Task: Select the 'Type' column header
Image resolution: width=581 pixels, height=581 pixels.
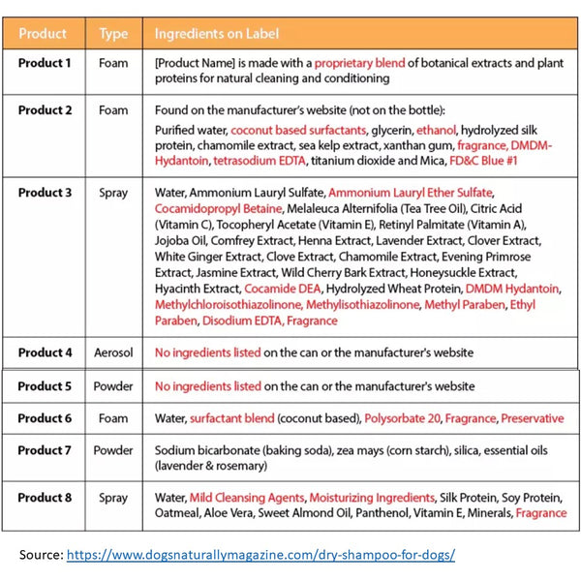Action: point(113,33)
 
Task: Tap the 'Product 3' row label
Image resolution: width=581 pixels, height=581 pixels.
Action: point(45,193)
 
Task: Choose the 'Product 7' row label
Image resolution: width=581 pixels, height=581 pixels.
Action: point(45,450)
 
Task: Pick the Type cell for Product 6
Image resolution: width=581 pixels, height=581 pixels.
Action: point(113,418)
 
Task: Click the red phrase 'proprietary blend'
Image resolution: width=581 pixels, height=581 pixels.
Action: point(354,63)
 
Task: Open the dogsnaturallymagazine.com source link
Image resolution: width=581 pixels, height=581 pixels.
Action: point(260,555)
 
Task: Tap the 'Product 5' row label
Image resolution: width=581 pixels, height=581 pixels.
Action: point(45,385)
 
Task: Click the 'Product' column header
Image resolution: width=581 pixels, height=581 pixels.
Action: point(43,33)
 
